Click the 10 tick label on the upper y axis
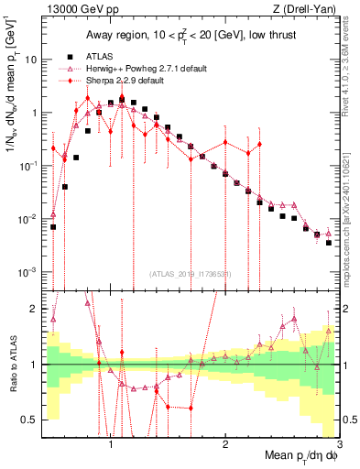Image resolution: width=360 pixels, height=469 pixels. click(31, 59)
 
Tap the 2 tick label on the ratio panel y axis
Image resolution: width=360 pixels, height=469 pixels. click(35, 309)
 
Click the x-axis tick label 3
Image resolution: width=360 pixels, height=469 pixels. click(339, 443)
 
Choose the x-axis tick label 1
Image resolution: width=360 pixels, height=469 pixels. click(111, 443)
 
